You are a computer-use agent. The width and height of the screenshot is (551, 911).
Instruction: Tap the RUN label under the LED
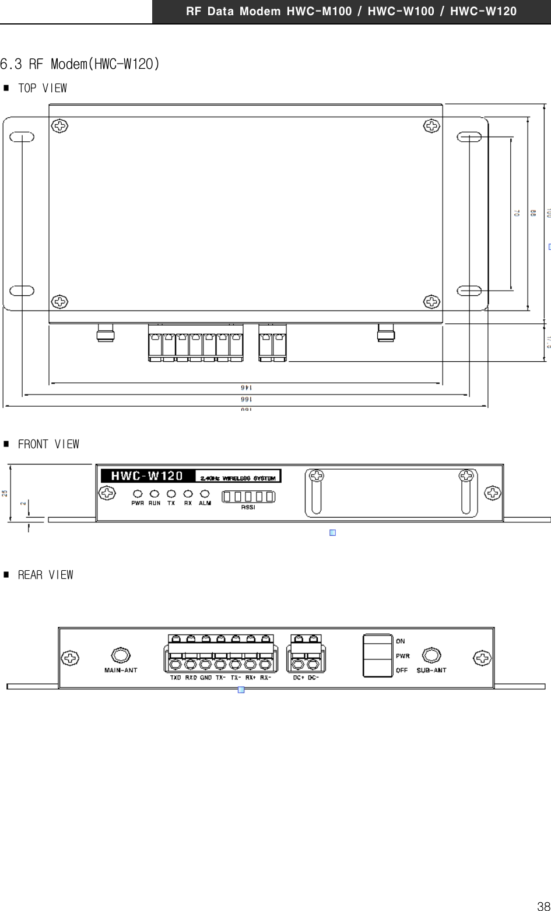click(x=155, y=503)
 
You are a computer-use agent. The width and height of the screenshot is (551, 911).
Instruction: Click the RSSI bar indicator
click(x=248, y=497)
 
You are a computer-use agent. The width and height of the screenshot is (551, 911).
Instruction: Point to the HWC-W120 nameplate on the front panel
click(x=147, y=476)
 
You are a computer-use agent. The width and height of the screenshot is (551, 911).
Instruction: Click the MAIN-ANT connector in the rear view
click(x=120, y=655)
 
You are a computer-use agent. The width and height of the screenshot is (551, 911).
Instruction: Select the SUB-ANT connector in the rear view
click(x=431, y=655)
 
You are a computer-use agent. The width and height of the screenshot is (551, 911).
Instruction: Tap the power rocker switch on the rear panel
click(x=378, y=655)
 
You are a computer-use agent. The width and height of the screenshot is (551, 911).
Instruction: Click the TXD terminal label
click(x=176, y=678)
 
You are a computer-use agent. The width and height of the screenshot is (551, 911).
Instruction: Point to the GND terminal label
click(x=206, y=678)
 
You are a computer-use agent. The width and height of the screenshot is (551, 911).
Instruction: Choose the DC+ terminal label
click(x=299, y=678)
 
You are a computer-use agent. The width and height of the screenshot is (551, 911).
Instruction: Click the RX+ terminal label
click(x=251, y=678)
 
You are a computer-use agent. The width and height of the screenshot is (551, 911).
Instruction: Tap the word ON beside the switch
click(x=401, y=641)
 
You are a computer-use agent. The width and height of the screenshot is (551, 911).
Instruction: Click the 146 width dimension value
click(x=246, y=388)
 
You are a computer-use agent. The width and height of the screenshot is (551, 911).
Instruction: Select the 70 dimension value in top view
click(x=517, y=214)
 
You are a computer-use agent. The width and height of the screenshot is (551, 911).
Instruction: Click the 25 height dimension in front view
click(x=5, y=493)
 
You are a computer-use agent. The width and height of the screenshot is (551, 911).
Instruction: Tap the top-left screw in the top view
click(x=59, y=125)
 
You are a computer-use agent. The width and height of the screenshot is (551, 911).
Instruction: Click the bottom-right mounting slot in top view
click(x=469, y=291)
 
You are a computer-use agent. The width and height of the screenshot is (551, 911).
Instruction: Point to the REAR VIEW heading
click(x=45, y=575)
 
